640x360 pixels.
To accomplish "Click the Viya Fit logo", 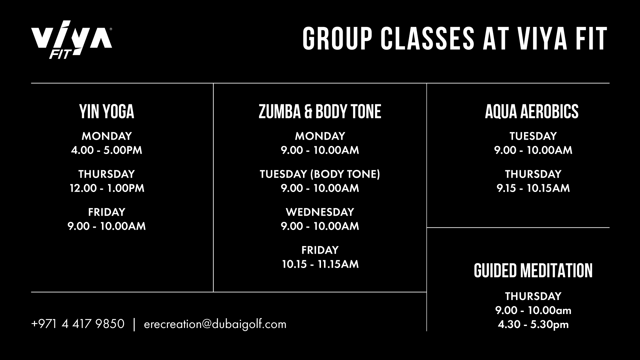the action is pyautogui.click(x=71, y=40).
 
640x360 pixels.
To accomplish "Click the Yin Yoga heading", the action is pyautogui.click(x=107, y=112).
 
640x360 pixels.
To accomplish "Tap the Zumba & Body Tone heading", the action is pyautogui.click(x=320, y=112).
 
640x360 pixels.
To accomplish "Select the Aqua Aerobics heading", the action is pyautogui.click(x=532, y=112).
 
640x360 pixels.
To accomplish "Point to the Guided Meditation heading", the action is pyautogui.click(x=533, y=271).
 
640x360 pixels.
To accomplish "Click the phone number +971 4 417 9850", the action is pyautogui.click(x=78, y=324).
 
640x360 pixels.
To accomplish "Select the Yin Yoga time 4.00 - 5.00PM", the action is pyautogui.click(x=107, y=150).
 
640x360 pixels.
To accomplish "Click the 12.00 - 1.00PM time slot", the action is pyautogui.click(x=107, y=188).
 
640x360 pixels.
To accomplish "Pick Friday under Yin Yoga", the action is pyautogui.click(x=107, y=212).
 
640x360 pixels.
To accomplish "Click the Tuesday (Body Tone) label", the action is pyautogui.click(x=320, y=174).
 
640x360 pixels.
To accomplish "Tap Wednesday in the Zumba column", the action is pyautogui.click(x=320, y=212).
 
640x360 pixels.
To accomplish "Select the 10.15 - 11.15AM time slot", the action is pyautogui.click(x=320, y=264).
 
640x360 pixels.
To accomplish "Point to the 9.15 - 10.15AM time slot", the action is pyautogui.click(x=533, y=188).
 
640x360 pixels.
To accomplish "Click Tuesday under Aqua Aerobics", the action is pyautogui.click(x=533, y=136).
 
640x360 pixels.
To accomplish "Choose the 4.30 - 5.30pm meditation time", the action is pyautogui.click(x=533, y=324).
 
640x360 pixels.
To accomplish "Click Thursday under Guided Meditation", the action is pyautogui.click(x=533, y=296).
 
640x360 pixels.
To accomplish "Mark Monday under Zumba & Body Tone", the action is pyautogui.click(x=320, y=136).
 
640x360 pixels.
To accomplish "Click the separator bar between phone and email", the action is pyautogui.click(x=134, y=324).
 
